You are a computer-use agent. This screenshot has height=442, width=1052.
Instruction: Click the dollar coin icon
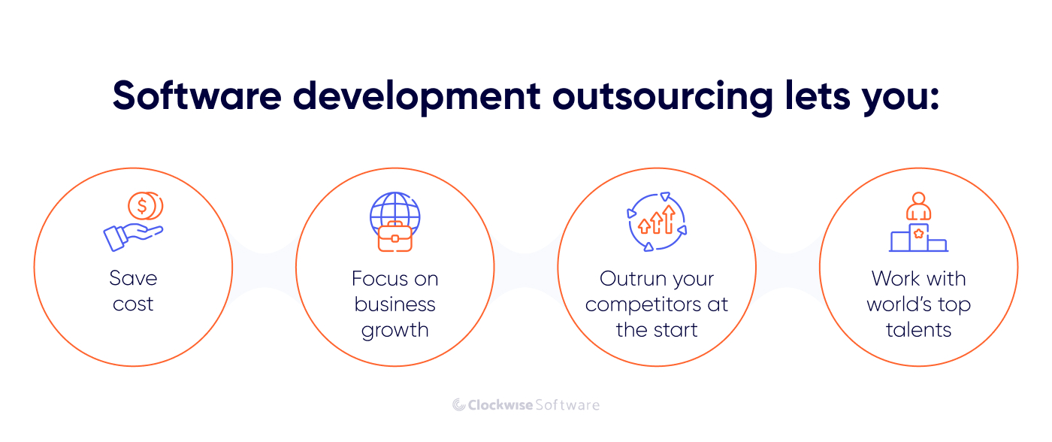[143, 205]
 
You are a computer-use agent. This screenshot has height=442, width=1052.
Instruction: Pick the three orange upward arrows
[657, 220]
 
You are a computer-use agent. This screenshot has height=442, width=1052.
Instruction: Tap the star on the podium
[918, 234]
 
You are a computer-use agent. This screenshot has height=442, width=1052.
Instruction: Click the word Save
[133, 278]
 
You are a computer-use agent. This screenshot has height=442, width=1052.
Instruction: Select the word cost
[133, 304]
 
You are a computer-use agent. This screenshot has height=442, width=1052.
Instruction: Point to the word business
[395, 304]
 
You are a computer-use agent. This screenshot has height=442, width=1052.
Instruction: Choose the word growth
[395, 330]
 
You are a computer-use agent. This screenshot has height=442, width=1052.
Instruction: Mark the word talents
[918, 330]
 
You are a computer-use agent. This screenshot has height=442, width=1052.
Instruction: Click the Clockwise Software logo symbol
[459, 405]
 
